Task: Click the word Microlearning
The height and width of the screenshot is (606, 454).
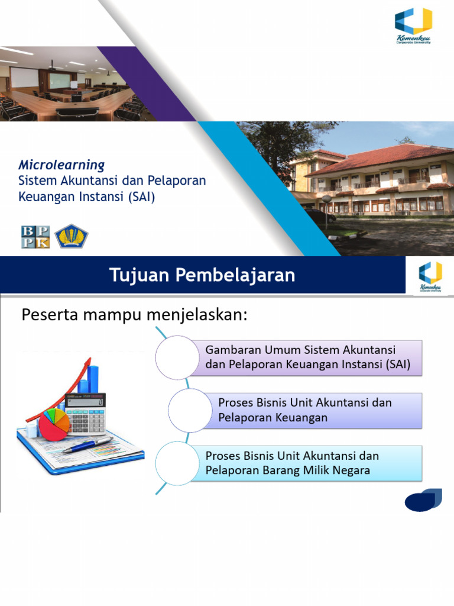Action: (61, 165)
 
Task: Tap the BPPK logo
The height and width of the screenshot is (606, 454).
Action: (35, 237)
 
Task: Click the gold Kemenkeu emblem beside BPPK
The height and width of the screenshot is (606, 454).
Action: (71, 236)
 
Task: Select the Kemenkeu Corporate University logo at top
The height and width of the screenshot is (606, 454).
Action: (413, 26)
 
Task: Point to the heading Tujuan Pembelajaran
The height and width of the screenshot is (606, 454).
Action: (202, 276)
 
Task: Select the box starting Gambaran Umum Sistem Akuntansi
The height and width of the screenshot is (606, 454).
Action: (307, 357)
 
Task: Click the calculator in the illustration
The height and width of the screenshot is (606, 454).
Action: (86, 413)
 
